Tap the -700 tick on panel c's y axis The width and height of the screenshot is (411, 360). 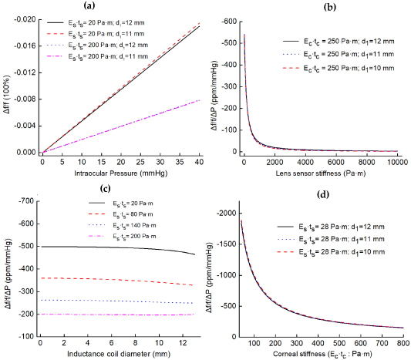click(x=24, y=202)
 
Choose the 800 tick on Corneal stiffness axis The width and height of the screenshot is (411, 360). click(x=398, y=342)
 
